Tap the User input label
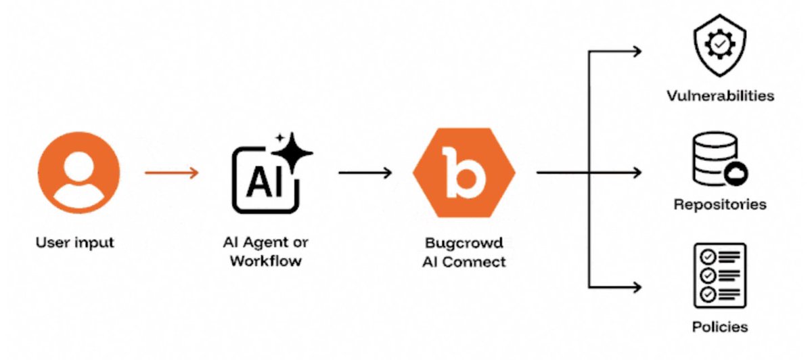pyautogui.click(x=75, y=242)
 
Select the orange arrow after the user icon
pyautogui.click(x=172, y=173)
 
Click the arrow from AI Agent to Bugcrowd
pyautogui.click(x=365, y=173)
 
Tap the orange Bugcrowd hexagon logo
pyautogui.click(x=464, y=173)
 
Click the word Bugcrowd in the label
pyautogui.click(x=464, y=242)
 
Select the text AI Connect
pyautogui.click(x=464, y=262)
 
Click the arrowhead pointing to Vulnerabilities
pyautogui.click(x=636, y=51)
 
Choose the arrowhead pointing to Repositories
pyautogui.click(x=636, y=173)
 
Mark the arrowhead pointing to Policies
pyautogui.click(x=636, y=287)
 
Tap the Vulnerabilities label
pyautogui.click(x=720, y=95)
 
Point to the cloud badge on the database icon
pyautogui.click(x=736, y=175)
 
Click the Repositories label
pyautogui.click(x=720, y=204)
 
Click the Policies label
pyautogui.click(x=720, y=328)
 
